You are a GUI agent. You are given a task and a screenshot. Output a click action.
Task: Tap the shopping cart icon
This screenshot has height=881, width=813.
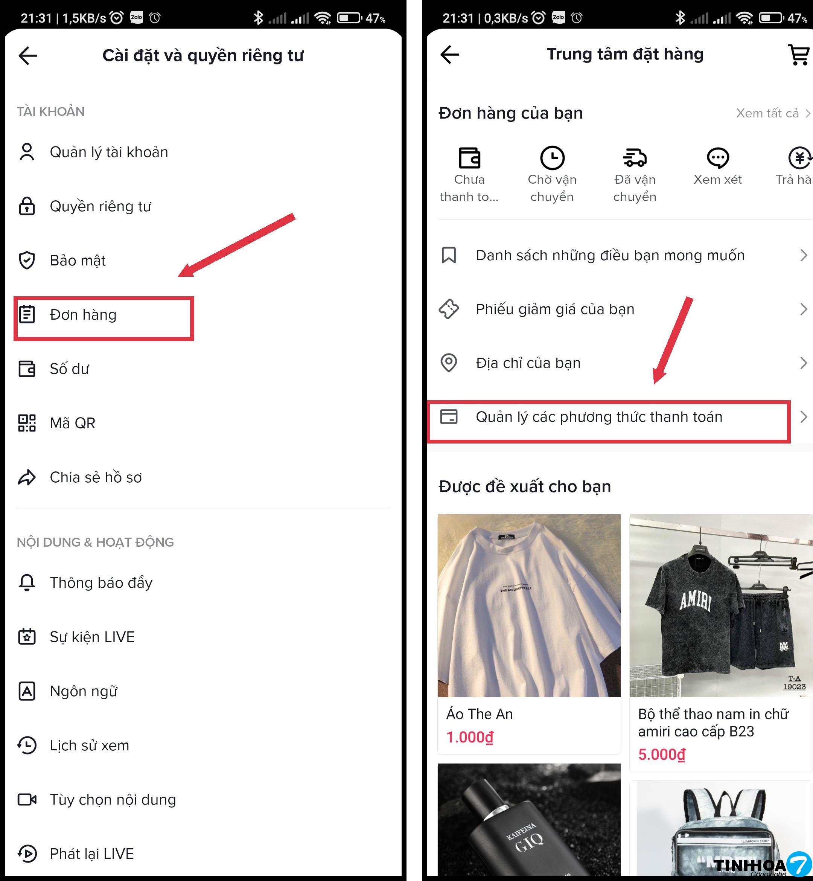798,55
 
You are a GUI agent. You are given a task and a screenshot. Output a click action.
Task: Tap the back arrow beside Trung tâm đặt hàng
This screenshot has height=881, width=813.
450,55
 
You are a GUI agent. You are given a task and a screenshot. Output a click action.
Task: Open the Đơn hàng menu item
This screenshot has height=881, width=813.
83,315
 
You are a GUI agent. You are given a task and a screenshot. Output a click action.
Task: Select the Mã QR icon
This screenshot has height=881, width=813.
27,423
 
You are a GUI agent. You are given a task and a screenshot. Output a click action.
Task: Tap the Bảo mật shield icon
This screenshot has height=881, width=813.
27,261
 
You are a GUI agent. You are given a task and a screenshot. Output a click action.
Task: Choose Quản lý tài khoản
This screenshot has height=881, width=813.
109,152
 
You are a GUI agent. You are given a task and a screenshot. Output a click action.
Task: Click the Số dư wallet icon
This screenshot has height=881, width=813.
27,369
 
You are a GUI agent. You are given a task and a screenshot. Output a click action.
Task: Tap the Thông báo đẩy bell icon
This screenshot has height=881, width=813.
27,583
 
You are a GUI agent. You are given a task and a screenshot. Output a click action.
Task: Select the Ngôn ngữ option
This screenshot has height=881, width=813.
84,691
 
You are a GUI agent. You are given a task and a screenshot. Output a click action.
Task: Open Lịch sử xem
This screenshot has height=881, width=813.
89,745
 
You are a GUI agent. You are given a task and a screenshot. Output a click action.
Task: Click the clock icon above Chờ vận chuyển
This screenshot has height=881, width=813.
552,157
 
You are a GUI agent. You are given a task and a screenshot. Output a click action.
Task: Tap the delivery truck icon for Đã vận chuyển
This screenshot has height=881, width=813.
635,157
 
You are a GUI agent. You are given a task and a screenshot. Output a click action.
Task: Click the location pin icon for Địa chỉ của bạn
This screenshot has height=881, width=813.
449,363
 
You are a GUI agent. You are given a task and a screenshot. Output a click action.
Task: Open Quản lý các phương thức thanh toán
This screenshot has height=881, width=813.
599,417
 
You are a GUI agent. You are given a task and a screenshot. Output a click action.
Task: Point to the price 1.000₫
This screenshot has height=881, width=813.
470,737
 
